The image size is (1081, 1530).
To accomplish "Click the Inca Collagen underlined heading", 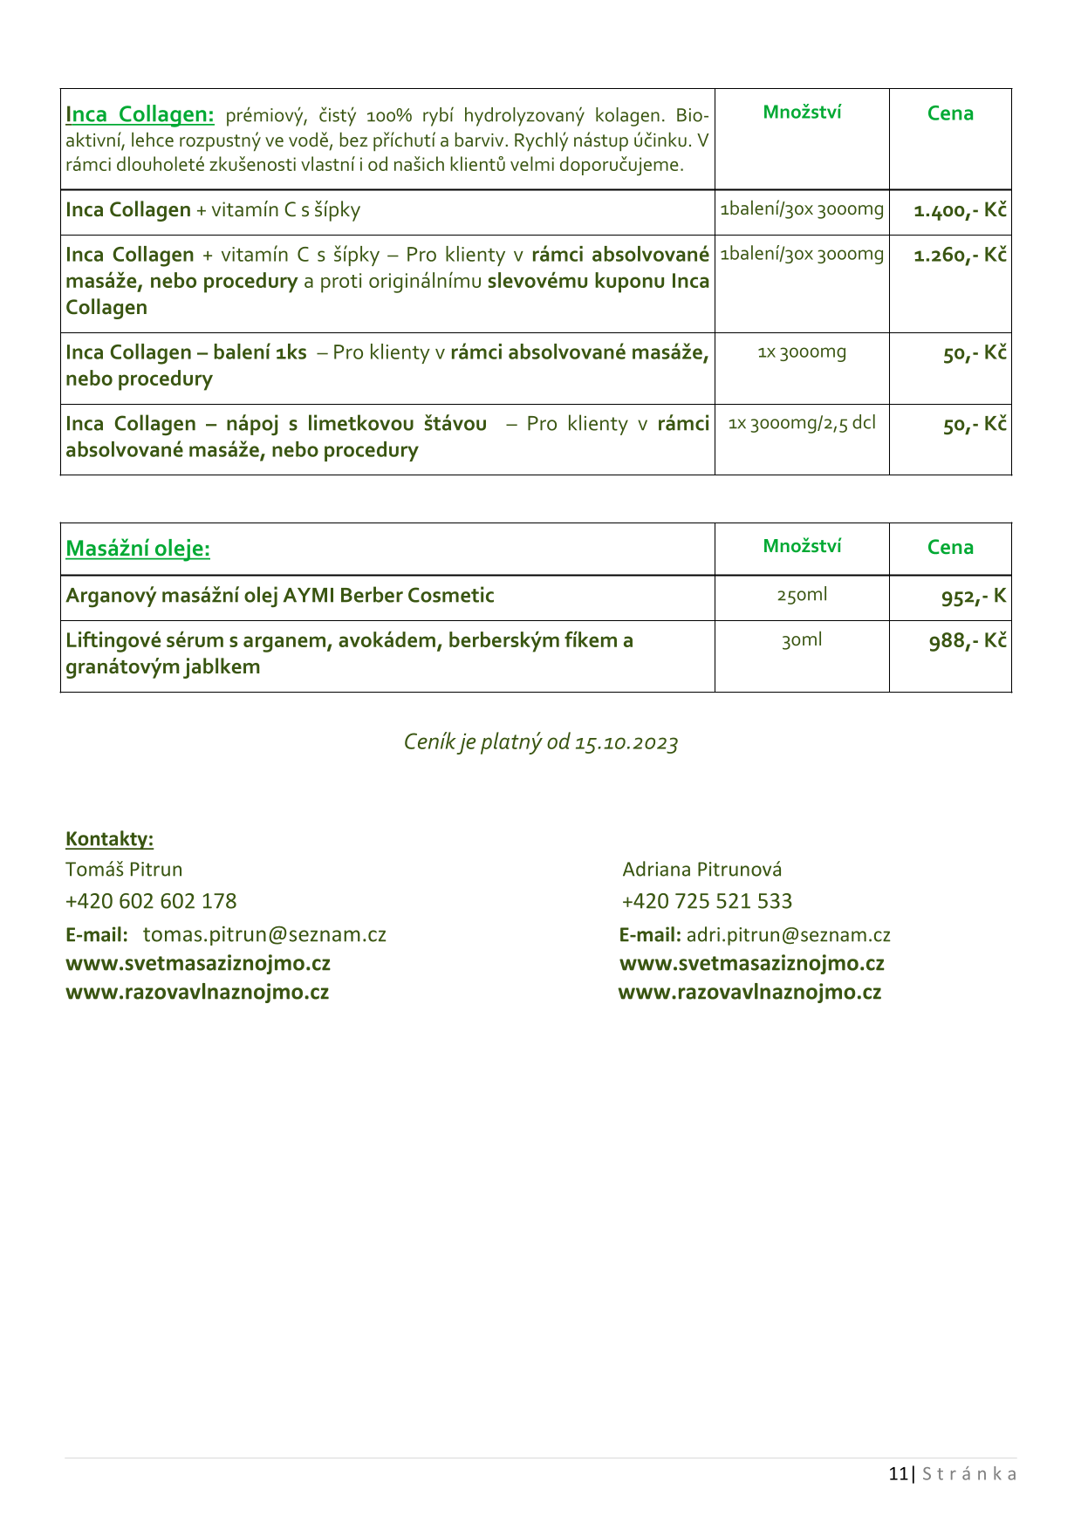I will click(140, 114).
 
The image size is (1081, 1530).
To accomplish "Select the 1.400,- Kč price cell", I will click(960, 210).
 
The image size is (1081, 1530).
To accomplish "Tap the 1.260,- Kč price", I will click(960, 256).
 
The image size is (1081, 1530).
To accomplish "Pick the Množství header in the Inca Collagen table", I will click(802, 112).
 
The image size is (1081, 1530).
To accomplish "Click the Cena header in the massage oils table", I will click(950, 547).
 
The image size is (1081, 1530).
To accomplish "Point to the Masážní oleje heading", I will click(138, 549).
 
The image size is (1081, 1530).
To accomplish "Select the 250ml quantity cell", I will click(802, 595).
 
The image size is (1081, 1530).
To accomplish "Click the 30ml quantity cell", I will click(802, 640).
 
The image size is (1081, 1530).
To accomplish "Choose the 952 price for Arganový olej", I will click(973, 597).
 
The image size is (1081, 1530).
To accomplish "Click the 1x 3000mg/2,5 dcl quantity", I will click(802, 423).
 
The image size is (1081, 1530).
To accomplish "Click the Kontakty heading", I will click(109, 839).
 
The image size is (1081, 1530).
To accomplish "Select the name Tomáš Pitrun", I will click(124, 870).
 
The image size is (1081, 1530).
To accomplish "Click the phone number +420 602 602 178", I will click(151, 901).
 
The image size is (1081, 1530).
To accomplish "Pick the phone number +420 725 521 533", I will click(707, 901).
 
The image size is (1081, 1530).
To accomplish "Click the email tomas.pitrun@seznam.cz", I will click(264, 935).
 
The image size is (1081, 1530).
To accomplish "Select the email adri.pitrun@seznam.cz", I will click(788, 935).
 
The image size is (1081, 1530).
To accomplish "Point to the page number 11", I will click(898, 1474).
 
